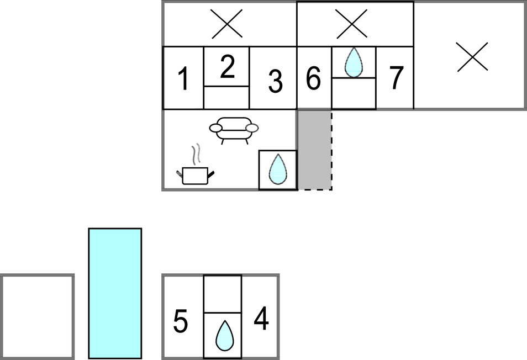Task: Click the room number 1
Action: click(183, 79)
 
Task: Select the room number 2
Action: click(227, 67)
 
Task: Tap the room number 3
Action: click(275, 81)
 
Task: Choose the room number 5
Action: click(181, 322)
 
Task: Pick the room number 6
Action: click(313, 79)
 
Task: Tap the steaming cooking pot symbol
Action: click(195, 169)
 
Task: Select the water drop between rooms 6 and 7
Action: click(354, 62)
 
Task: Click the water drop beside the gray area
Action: click(278, 170)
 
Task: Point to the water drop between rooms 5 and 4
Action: click(223, 335)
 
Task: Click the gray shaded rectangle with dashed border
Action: click(314, 149)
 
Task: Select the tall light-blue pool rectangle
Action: click(115, 293)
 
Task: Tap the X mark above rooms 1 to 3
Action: click(229, 24)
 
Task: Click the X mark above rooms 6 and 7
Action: click(352, 24)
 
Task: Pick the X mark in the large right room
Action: click(472, 57)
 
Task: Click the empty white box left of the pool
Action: click(37, 317)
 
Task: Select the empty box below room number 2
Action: click(226, 97)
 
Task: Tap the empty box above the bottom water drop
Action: click(223, 294)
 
